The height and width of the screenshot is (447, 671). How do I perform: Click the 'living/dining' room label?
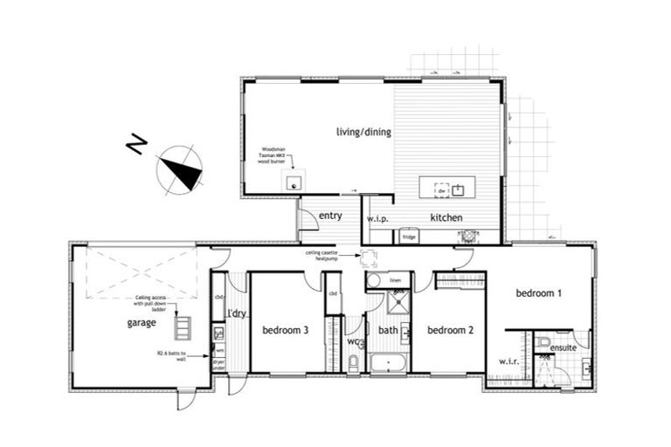363,133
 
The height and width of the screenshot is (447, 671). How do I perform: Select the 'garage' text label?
141,323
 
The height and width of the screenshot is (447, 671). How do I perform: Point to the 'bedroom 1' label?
537,293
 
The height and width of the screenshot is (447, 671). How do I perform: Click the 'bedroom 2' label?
449,330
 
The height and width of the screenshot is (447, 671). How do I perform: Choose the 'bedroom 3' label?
285,330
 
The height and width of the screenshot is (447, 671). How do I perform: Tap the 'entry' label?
330,216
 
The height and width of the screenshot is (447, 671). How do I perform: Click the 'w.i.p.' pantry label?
377,218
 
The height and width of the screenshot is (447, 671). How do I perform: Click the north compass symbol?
180,169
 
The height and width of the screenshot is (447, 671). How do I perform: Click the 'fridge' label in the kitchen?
408,236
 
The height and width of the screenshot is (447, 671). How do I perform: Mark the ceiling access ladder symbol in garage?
184,327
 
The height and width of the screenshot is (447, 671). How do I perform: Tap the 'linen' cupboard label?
394,280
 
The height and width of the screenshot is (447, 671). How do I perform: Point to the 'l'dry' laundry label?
234,313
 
